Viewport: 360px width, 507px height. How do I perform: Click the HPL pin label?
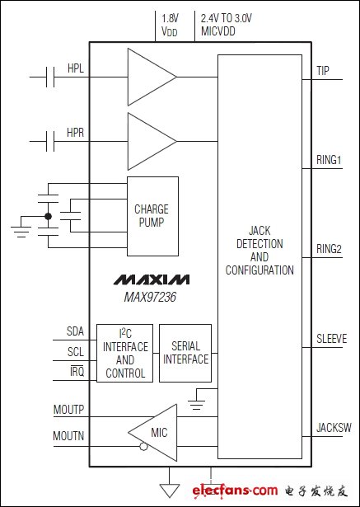pyautogui.click(x=76, y=68)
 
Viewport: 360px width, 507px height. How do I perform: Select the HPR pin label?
pyautogui.click(x=76, y=133)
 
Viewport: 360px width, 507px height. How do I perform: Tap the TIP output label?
pyautogui.click(x=323, y=71)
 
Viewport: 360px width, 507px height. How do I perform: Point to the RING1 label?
pyautogui.click(x=329, y=161)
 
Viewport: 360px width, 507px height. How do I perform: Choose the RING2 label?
pyautogui.click(x=329, y=250)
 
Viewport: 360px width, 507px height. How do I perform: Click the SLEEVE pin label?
pyautogui.click(x=331, y=339)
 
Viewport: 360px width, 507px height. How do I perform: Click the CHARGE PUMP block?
pyautogui.click(x=152, y=216)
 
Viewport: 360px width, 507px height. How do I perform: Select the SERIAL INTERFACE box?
pyautogui.click(x=185, y=353)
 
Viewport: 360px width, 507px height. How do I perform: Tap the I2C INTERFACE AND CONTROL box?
pyautogui.click(x=124, y=353)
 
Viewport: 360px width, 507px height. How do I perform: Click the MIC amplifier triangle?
pyautogui.click(x=152, y=433)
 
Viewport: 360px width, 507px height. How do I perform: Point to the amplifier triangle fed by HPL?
pyautogui.click(x=152, y=77)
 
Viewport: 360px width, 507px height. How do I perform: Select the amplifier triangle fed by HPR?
pyautogui.click(x=152, y=141)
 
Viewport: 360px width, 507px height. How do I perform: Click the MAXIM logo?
pyautogui.click(x=152, y=279)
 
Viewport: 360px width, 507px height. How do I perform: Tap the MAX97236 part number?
pyautogui.click(x=150, y=297)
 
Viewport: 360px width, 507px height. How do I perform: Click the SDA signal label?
pyautogui.click(x=75, y=331)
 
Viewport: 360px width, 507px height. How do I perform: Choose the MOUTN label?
pyautogui.click(x=68, y=436)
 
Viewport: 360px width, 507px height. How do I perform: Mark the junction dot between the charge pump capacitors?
pyautogui.click(x=48, y=216)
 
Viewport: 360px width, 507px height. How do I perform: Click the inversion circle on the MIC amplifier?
pyautogui.click(x=143, y=447)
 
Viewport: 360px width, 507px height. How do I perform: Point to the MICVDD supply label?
pyautogui.click(x=218, y=31)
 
